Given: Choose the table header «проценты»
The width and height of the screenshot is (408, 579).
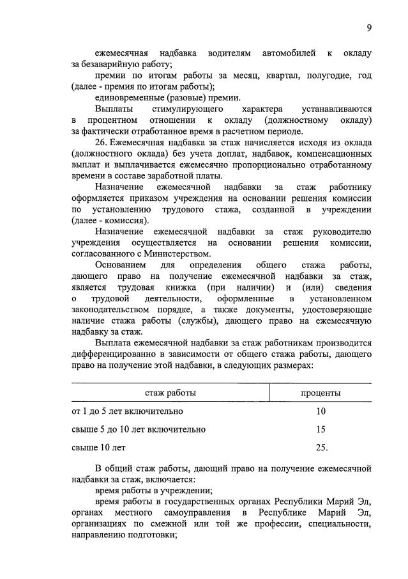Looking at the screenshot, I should click(321, 392).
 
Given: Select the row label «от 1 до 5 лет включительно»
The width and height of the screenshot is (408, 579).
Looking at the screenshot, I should click(128, 411).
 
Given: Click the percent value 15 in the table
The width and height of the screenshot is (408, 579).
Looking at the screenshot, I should click(321, 429).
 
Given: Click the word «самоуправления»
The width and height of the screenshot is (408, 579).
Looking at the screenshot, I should click(195, 513).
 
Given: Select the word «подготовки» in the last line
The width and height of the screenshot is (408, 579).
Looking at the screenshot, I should click(152, 535).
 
